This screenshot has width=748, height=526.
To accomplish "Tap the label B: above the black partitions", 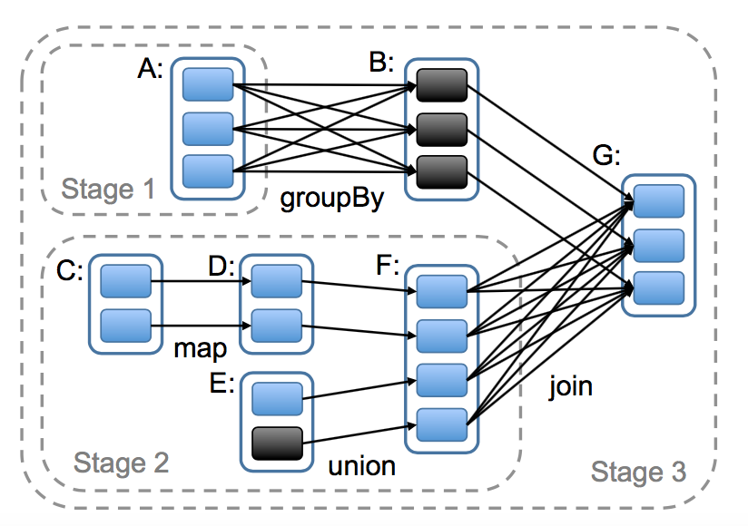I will click(381, 63).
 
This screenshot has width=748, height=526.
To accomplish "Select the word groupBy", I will click(330, 200).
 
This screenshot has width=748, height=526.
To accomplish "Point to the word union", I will click(362, 466).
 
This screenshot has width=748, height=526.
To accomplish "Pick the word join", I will click(570, 387).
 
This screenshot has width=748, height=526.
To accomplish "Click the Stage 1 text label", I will click(109, 190).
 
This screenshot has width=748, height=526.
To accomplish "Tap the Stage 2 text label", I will click(121, 463).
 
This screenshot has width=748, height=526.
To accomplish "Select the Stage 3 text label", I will click(638, 472).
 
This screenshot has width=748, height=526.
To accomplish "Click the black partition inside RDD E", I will click(276, 442).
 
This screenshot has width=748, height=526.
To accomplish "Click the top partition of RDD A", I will click(208, 84).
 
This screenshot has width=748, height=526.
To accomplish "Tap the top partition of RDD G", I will click(658, 201).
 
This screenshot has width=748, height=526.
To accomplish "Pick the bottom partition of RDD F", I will click(442, 421).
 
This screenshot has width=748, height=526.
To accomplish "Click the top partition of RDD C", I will click(125, 281).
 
